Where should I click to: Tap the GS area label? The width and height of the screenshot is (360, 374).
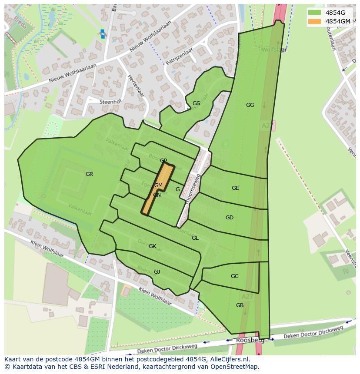click(196, 103)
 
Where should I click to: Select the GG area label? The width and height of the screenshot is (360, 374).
click(250, 105)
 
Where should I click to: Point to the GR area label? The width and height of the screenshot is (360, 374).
click(89, 174)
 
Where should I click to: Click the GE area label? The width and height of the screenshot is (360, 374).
click(235, 188)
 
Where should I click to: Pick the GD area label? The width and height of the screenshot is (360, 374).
click(230, 218)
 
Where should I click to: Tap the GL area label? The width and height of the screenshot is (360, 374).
click(195, 238)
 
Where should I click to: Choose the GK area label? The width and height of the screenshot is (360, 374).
click(152, 246)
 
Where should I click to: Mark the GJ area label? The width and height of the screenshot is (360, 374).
click(157, 272)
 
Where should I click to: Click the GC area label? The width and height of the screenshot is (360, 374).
click(234, 276)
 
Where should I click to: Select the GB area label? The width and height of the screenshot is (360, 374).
click(240, 305)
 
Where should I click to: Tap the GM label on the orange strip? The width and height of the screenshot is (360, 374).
click(158, 185)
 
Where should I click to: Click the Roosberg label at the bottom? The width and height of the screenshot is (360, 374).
click(247, 341)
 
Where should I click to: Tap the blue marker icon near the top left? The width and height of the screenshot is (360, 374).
click(103, 34)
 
